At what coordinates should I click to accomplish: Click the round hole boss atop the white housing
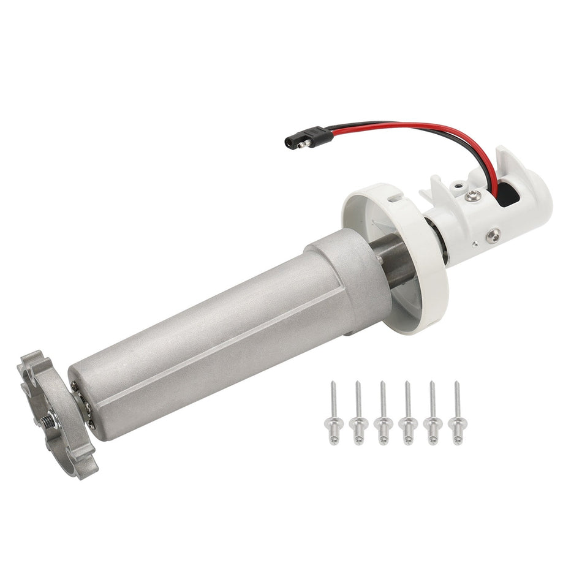[458, 183]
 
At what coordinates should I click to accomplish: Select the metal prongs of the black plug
[290, 143]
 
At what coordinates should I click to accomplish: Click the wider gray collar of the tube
[346, 282]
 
